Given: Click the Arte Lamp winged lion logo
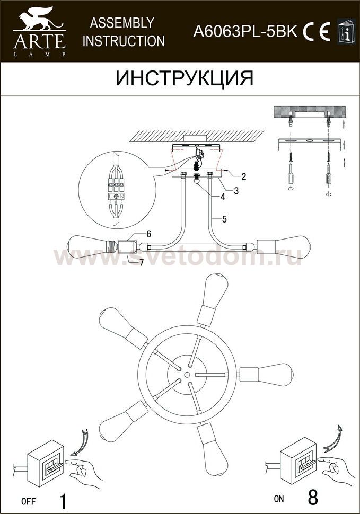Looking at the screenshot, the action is tap(40, 31).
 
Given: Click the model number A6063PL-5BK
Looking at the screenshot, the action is tap(245, 32).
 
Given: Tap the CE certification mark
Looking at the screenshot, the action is tap(317, 32).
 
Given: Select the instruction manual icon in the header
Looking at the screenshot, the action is tap(346, 31).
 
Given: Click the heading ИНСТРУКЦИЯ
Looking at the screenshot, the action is tap(185, 78).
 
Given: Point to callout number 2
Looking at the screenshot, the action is tap(243, 176).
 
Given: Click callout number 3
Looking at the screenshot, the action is tap(236, 190).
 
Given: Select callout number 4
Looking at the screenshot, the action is tap(223, 197).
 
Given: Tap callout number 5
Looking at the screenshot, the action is tap(224, 219).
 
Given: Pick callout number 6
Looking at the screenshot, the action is tap(148, 234).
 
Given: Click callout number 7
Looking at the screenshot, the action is tap(142, 263).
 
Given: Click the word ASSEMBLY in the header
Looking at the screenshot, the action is tap(122, 23).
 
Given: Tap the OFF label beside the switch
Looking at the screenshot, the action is tap(29, 501).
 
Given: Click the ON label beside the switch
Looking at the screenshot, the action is tap(279, 499).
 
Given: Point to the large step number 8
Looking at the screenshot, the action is tap(313, 498).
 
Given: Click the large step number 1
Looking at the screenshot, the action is tap(63, 501).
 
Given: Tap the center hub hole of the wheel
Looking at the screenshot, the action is tap(187, 374).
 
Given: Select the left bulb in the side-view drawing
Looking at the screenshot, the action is tap(88, 246).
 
